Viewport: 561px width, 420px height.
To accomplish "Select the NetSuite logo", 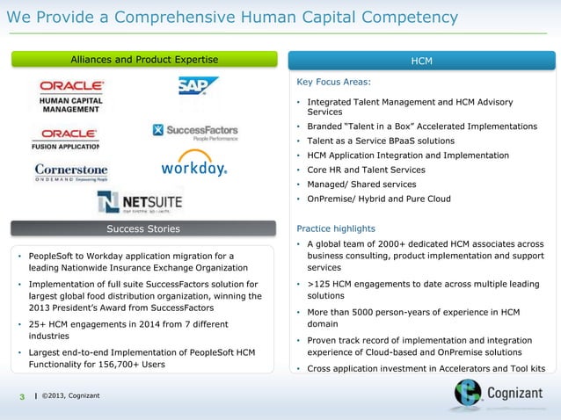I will (x=141, y=201).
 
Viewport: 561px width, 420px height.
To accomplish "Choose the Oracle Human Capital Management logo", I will (x=70, y=97).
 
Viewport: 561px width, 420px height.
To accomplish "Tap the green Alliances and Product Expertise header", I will (x=144, y=60).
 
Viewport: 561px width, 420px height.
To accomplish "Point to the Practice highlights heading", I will (x=336, y=228).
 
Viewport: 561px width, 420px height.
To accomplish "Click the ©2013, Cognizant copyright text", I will (x=70, y=395).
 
